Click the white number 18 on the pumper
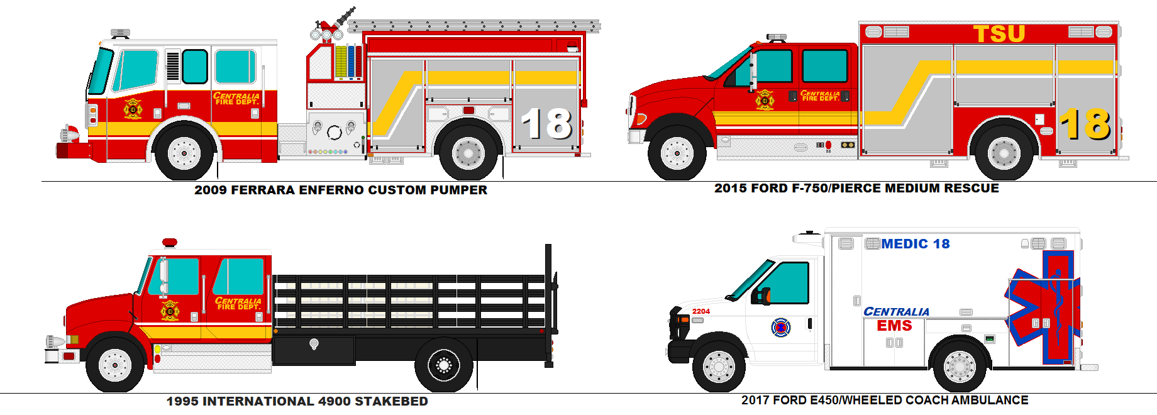[x=546, y=123]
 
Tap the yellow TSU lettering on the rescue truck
[x=999, y=33]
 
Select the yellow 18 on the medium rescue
[x=1085, y=123]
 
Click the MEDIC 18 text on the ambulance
[x=915, y=244]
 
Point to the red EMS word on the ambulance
[x=894, y=326]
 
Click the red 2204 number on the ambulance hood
[x=700, y=311]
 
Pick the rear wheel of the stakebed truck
[x=443, y=365]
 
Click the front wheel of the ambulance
[x=719, y=366]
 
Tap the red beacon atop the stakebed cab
[x=169, y=243]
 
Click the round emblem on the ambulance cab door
[x=780, y=327]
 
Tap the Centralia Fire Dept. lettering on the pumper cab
[x=236, y=99]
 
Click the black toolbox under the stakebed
[x=314, y=350]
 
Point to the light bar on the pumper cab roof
[x=120, y=33]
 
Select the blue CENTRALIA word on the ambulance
[x=896, y=312]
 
